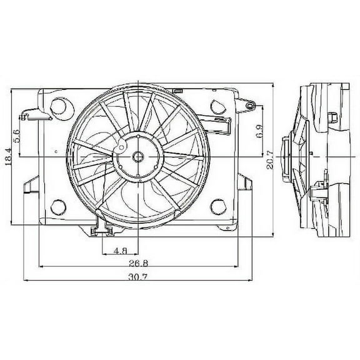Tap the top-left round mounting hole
click(x=59, y=104)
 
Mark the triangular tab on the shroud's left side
click(x=29, y=186)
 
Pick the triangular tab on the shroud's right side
click(x=247, y=182)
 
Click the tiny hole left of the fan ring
click(x=56, y=151)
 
